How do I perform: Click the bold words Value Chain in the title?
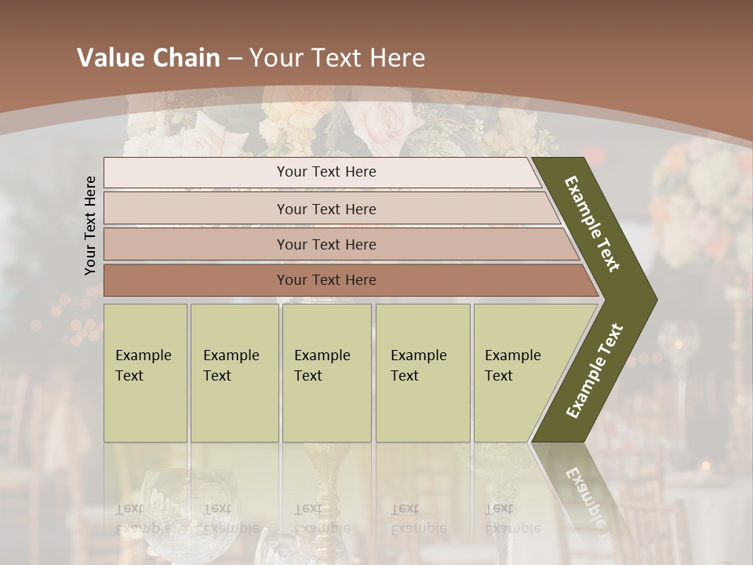click(x=148, y=58)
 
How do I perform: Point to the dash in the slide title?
click(x=235, y=59)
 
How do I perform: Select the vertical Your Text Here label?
click(x=90, y=225)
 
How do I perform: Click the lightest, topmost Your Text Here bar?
click(x=326, y=172)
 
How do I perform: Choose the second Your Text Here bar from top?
click(x=326, y=209)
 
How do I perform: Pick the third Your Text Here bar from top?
click(x=326, y=244)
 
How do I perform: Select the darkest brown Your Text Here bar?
click(x=326, y=280)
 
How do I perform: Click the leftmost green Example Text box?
click(x=145, y=373)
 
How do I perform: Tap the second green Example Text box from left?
click(x=234, y=373)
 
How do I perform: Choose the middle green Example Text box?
click(x=326, y=373)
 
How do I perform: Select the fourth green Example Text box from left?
click(x=423, y=373)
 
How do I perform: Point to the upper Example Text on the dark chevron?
click(x=592, y=224)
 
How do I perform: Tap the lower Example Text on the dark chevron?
click(x=594, y=371)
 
